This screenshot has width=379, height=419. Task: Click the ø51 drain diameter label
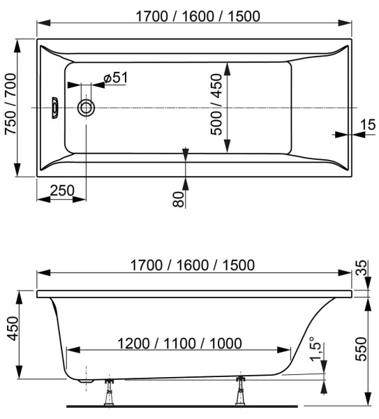pos(114,78)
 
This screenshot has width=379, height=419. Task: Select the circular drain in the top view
pos(87,108)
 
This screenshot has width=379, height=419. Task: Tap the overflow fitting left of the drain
pos(56,108)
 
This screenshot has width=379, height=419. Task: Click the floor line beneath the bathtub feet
pos(188,405)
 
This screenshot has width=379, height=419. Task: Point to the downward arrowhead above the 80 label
pos(185,152)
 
